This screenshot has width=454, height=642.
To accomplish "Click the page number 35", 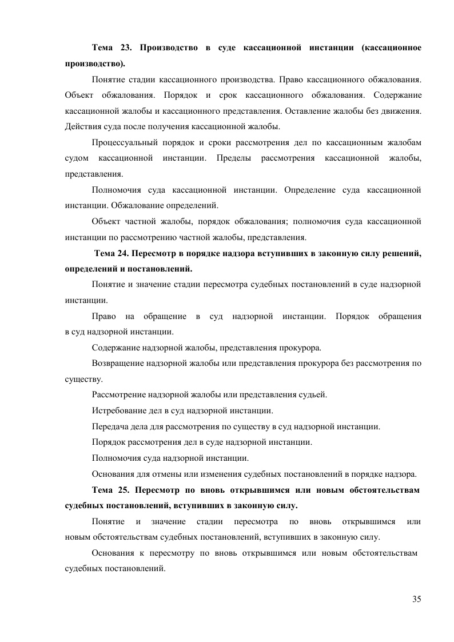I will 416,599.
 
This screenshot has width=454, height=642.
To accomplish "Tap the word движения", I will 403,110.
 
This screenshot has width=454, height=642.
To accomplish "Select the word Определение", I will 316,189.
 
